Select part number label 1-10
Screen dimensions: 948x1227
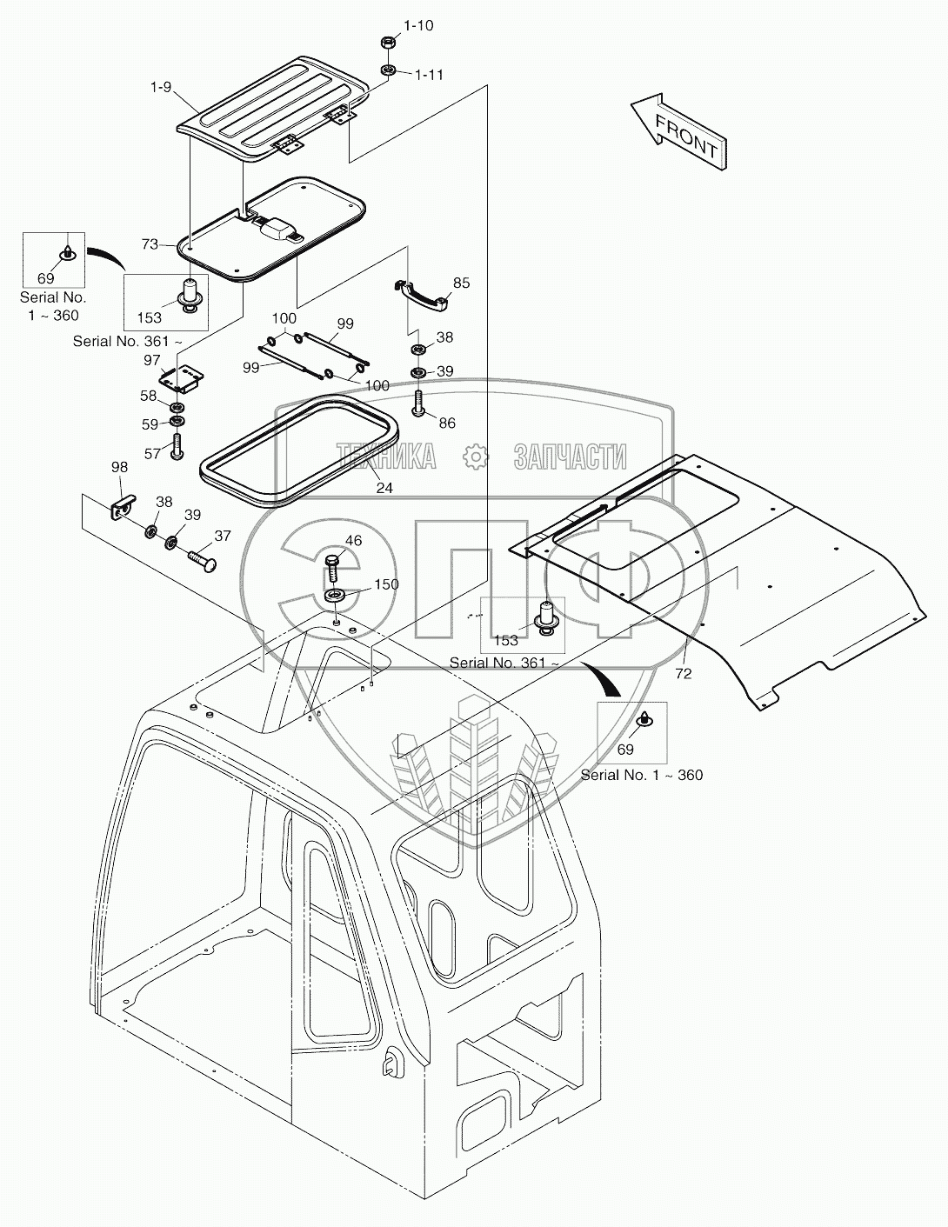(417, 25)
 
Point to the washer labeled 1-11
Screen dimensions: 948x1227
(388, 70)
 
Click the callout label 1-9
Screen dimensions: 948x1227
(161, 88)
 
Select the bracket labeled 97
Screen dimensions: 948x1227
(181, 379)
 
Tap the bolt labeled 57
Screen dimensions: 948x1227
(177, 446)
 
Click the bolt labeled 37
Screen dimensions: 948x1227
(202, 561)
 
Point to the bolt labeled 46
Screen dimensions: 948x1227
(332, 568)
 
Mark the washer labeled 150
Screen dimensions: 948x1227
(337, 597)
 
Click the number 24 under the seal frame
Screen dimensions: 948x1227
(384, 488)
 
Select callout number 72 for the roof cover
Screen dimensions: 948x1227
(684, 674)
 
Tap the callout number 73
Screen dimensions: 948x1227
(150, 244)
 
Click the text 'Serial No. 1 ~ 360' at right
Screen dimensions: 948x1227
(641, 776)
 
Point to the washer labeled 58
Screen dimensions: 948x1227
(177, 407)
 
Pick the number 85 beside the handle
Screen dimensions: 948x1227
(461, 283)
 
